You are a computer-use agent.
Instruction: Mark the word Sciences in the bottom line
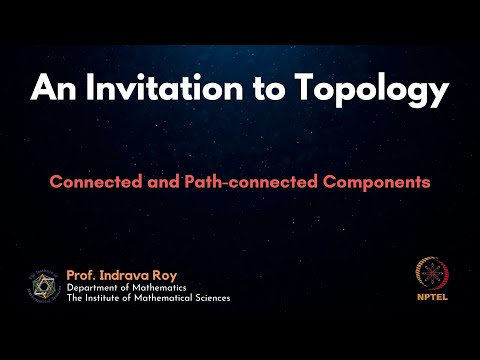208,298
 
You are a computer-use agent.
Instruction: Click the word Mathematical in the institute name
157,298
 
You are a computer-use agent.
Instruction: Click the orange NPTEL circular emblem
431,276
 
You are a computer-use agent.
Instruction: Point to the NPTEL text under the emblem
431,298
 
